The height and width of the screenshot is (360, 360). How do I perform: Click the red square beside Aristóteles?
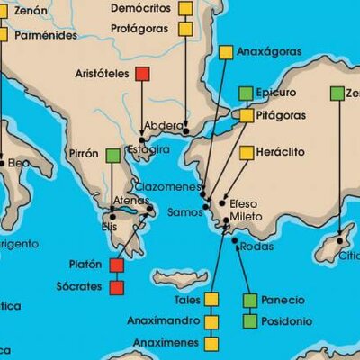coord(141,74)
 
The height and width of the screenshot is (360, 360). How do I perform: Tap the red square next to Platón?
coord(116,265)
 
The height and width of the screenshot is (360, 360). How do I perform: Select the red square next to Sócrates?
coord(116,288)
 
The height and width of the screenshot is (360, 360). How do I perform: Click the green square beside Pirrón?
coord(112,155)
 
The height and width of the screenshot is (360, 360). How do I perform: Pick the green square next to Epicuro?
coord(246,93)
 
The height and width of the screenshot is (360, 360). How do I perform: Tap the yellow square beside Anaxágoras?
coord(225,52)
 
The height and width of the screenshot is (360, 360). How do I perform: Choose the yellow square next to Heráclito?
coord(246,152)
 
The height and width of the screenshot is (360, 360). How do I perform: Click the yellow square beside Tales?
coord(211,299)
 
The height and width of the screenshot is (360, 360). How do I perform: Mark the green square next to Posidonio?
coord(249,320)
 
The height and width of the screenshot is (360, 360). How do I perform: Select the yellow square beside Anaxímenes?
coord(211,343)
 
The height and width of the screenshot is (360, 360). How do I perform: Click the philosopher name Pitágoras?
coord(280,116)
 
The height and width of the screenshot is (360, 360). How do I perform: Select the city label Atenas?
coord(131,200)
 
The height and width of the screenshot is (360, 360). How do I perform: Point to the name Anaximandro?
coord(165,321)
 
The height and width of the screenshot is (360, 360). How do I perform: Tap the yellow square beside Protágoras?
coord(185,29)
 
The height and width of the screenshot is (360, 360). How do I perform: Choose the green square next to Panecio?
coord(249,299)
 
